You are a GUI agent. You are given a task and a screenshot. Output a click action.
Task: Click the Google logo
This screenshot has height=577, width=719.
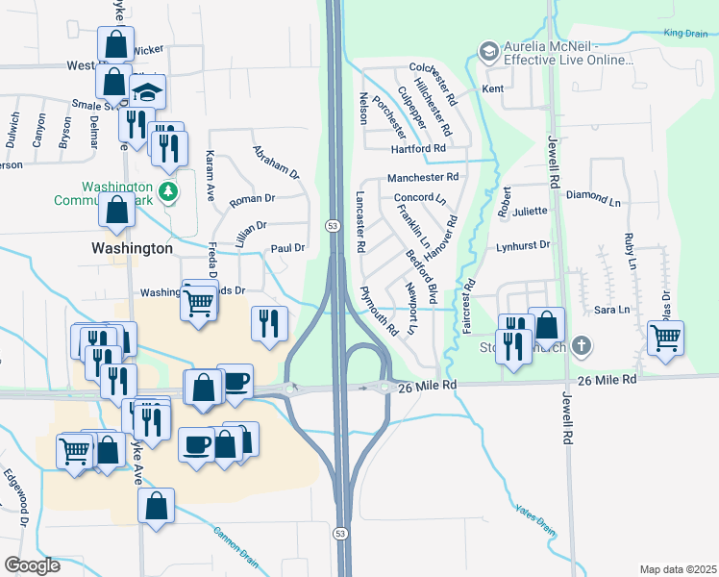[32, 565]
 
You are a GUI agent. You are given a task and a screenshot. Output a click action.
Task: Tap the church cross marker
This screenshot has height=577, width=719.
[581, 345]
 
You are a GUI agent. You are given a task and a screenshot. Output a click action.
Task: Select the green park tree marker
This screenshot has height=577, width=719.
[169, 191]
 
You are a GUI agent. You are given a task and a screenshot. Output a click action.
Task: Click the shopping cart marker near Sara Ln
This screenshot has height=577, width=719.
[665, 338]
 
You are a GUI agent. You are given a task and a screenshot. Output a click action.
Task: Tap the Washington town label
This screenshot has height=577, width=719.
[132, 247]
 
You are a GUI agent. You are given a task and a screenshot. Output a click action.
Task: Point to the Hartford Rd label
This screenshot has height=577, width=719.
[417, 148]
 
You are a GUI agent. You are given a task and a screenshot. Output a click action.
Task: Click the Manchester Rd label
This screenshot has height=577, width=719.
[422, 178]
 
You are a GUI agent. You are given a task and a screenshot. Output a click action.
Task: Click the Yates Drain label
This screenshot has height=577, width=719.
[534, 519]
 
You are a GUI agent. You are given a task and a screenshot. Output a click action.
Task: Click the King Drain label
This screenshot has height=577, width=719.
[684, 34]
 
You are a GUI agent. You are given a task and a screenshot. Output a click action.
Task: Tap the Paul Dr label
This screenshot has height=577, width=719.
[286, 248]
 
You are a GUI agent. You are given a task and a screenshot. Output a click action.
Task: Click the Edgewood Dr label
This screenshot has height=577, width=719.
[15, 489]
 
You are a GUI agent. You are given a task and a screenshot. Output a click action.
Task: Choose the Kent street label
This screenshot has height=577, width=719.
[492, 89]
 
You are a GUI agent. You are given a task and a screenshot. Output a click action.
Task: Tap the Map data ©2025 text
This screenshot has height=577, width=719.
[678, 569]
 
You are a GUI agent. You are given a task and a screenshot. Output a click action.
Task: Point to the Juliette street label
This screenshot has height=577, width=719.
[530, 211]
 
